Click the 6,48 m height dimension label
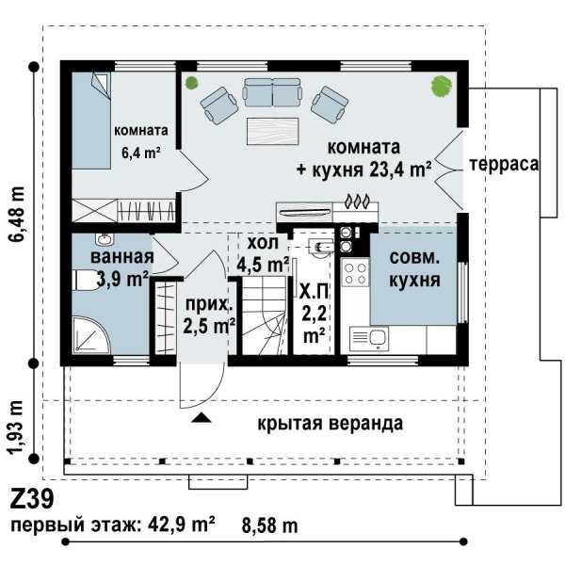[17, 215]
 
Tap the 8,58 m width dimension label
[270, 526]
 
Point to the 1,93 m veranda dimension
[17, 427]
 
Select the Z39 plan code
[32, 499]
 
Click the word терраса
[504, 164]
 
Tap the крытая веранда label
[331, 424]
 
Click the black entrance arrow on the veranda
[202, 417]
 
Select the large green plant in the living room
[442, 86]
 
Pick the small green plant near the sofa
[191, 83]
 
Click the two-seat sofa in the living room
[272, 92]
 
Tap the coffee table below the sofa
[273, 131]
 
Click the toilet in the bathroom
[85, 280]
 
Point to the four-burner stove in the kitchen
[356, 273]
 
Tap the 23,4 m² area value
[400, 169]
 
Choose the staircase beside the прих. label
[264, 315]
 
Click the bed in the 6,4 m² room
[91, 121]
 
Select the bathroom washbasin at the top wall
[105, 238]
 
